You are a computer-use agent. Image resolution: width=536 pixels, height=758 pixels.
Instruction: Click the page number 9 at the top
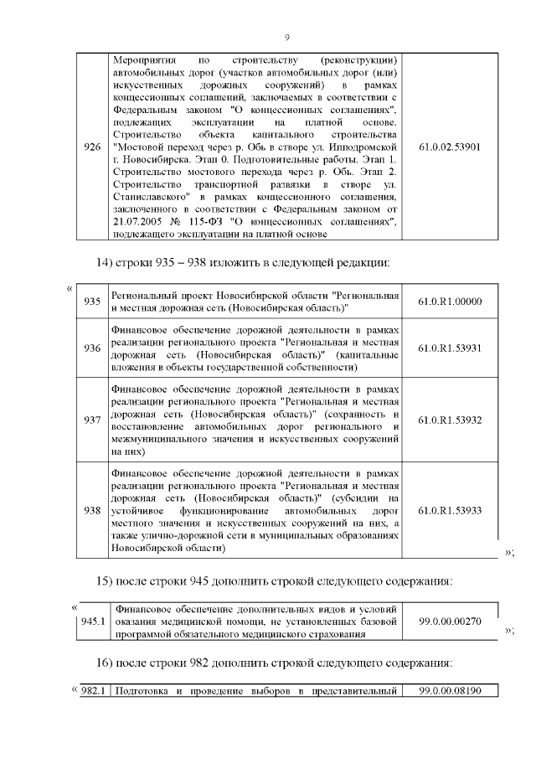287,38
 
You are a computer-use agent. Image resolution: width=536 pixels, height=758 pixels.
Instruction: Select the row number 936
92,348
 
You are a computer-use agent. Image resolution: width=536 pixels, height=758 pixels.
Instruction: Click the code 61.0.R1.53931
450,348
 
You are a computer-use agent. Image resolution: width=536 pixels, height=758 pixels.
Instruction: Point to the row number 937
92,419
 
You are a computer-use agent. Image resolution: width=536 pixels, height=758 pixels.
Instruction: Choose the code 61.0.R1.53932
450,419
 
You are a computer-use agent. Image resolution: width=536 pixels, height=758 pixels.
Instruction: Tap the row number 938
92,509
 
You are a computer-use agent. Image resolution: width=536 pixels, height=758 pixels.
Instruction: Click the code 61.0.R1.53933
450,509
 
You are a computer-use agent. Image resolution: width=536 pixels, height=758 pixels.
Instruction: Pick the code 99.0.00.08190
450,691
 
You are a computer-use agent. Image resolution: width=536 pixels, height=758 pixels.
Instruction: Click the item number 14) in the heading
106,263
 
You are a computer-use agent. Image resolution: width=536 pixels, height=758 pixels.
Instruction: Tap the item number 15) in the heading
106,581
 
